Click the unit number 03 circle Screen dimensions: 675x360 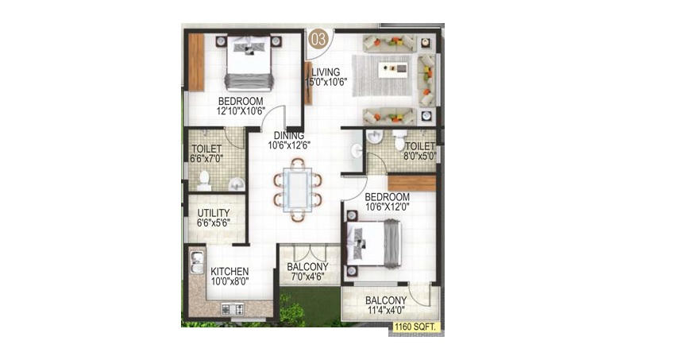click(318, 40)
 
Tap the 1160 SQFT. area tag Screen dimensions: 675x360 click(415, 327)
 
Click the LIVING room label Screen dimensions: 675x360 click(326, 72)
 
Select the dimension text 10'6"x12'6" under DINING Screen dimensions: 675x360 click(289, 145)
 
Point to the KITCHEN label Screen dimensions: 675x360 click(229, 272)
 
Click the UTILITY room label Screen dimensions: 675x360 click(214, 213)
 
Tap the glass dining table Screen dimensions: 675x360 click(298, 190)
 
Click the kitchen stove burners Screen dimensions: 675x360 click(233, 309)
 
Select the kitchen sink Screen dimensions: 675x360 click(197, 262)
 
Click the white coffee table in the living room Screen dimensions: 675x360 click(392, 70)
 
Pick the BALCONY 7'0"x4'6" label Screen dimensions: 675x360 click(307, 272)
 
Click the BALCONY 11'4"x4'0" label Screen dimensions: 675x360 click(386, 305)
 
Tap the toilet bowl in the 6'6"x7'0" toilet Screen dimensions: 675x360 click(203, 180)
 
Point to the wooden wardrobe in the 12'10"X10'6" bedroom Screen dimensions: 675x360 click(196, 62)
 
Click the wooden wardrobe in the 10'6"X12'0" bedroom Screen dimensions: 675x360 click(412, 183)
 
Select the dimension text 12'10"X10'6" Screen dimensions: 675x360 click(241, 110)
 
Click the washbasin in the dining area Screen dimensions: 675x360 click(357, 151)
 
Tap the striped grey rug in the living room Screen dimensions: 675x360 click(382, 75)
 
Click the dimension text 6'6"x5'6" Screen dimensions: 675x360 click(214, 223)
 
